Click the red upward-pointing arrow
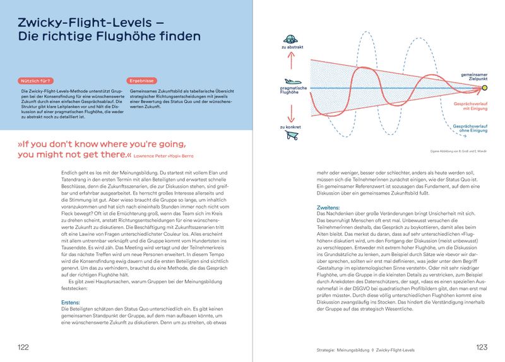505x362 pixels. click(x=289, y=62)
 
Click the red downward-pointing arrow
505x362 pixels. click(x=289, y=110)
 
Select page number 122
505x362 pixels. click(x=23, y=347)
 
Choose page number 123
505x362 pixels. click(x=482, y=347)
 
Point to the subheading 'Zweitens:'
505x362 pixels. click(x=328, y=207)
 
